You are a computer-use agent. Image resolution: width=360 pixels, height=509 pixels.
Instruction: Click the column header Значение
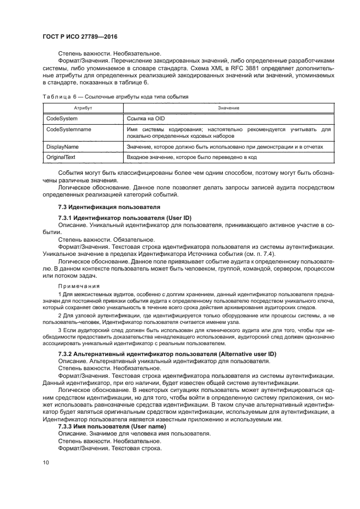pos(224,109)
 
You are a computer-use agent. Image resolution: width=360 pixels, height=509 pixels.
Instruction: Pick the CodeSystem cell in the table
pos(62,118)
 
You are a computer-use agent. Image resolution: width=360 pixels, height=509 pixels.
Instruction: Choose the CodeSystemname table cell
pos(69,130)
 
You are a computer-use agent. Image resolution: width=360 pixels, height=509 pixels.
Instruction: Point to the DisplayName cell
pos(63,147)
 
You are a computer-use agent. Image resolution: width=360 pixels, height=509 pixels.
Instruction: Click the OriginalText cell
pos(62,157)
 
